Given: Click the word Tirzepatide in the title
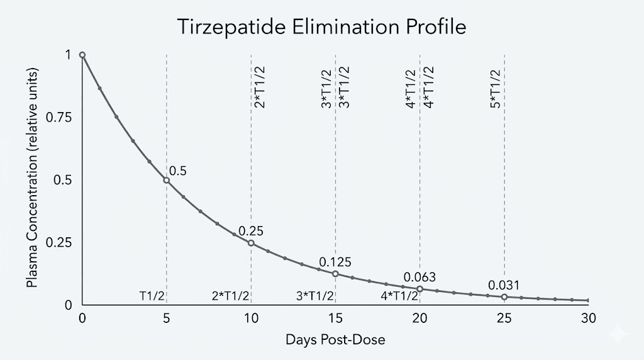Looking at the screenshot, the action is [x=231, y=27].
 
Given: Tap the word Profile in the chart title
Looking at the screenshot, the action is [x=436, y=27].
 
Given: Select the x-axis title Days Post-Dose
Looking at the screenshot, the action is [x=335, y=340].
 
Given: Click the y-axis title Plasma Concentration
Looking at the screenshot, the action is [x=32, y=177].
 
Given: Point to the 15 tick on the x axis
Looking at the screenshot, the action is [x=335, y=318].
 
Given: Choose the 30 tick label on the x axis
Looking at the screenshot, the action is [x=588, y=318].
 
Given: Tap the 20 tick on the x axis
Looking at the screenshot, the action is [x=419, y=318].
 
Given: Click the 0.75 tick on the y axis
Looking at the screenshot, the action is [x=58, y=118].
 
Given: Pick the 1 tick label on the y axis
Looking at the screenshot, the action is [x=68, y=55].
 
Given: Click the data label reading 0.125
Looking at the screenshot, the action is [x=335, y=262].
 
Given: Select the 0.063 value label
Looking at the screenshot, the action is [x=419, y=277].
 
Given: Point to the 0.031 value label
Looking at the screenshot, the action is [x=504, y=285].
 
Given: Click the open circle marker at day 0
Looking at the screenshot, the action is [x=82, y=55].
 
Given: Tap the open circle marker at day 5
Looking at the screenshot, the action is [x=166, y=180].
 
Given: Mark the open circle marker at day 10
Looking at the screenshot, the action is [x=251, y=243].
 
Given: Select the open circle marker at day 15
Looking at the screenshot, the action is [x=335, y=274].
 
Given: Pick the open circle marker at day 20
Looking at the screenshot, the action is [x=419, y=289].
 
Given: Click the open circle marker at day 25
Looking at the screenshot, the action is [x=504, y=296].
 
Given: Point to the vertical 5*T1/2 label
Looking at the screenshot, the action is [x=496, y=89].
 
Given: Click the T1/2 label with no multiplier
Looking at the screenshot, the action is [x=152, y=296].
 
